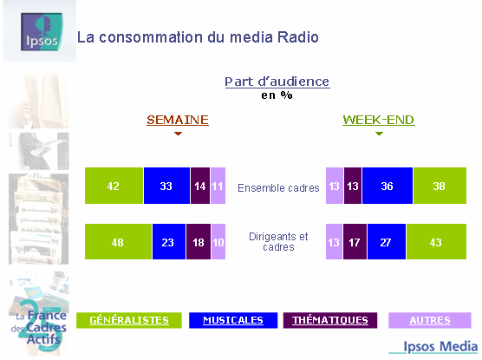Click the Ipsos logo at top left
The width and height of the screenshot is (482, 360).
point(42,32)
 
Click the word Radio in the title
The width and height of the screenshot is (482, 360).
point(298,37)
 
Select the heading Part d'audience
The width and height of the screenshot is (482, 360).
point(277,82)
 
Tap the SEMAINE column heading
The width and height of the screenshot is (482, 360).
point(178,120)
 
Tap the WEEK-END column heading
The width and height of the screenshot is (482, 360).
point(379,120)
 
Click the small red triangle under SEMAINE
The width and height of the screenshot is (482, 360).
point(178,134)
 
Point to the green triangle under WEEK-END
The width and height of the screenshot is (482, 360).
point(379,134)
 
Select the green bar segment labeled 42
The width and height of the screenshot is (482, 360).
point(114,186)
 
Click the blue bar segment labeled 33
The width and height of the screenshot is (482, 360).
point(166,186)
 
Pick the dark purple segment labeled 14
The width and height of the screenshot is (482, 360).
point(200,186)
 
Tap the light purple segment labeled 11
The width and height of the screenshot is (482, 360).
point(218,186)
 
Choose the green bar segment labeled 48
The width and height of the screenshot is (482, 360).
point(119,241)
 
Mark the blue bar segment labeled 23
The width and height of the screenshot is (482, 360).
point(169,241)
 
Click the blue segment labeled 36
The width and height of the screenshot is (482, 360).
point(388,186)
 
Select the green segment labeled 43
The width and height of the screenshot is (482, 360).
point(437,241)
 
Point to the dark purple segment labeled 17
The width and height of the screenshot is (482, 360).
point(355,241)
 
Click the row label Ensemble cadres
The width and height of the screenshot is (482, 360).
point(278,187)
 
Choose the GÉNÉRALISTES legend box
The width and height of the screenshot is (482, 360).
point(129,320)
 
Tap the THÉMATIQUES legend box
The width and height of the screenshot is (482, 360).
point(330,320)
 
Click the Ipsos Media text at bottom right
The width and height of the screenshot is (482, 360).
point(440,346)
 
